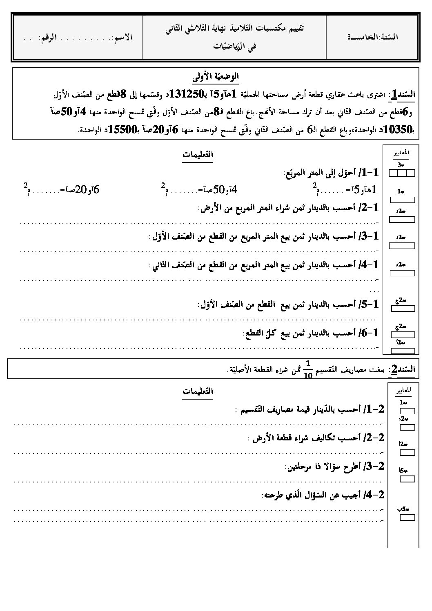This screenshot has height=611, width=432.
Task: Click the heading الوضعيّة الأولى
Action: point(216,76)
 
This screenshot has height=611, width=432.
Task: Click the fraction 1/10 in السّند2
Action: point(308,370)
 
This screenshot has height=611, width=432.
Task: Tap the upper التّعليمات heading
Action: point(198,155)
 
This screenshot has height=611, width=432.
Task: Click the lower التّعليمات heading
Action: point(198,391)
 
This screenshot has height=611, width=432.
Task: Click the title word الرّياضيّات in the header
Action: point(234,46)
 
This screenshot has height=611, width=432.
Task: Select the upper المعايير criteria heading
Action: point(401,153)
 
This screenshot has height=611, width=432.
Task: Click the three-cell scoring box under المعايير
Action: point(401,173)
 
